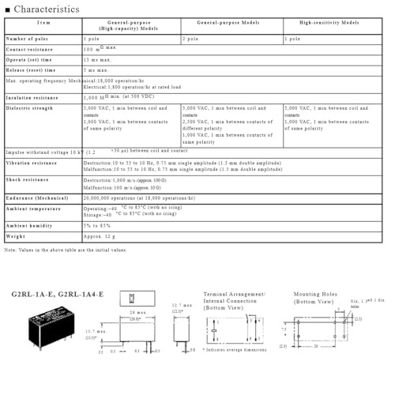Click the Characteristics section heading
pyautogui.click(x=46, y=9)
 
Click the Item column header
pyautogui.click(x=43, y=24)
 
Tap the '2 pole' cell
pyautogui.click(x=190, y=38)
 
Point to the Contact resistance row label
pyautogui.click(x=30, y=50)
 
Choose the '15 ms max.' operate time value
pyautogui.click(x=98, y=59)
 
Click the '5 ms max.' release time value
pyautogui.click(x=96, y=70)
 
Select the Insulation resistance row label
pyautogui.click(x=32, y=98)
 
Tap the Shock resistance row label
pyautogui.click(x=28, y=180)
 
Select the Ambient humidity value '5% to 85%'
pyautogui.click(x=97, y=225)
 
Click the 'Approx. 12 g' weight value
pyautogui.click(x=100, y=235)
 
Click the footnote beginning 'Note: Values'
pyautogui.click(x=65, y=250)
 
